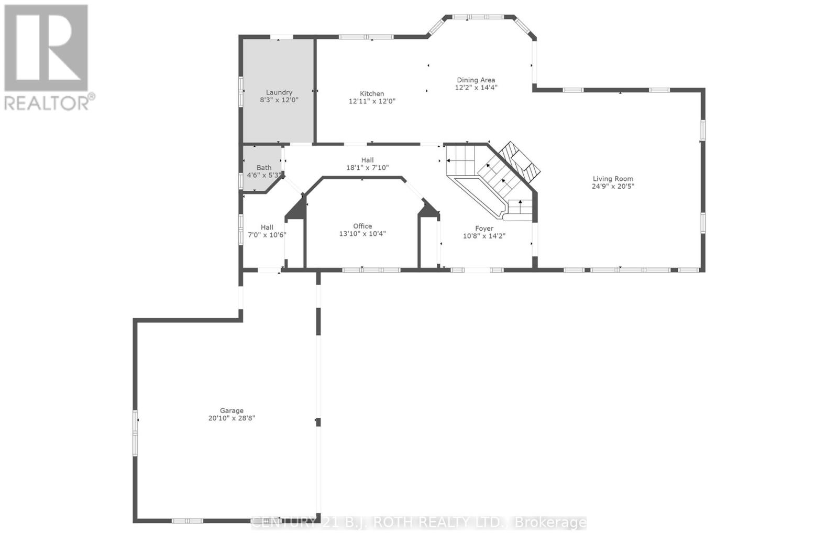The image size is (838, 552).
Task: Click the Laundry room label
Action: tap(279, 92)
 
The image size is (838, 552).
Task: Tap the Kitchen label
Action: tap(372, 93)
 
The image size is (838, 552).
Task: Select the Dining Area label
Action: tap(476, 80)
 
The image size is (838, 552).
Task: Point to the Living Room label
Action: tap(613, 179)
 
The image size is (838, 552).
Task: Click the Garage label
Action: tap(231, 410)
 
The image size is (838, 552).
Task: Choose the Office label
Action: tap(362, 226)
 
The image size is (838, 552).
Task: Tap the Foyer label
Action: tap(484, 229)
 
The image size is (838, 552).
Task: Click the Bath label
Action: tap(264, 168)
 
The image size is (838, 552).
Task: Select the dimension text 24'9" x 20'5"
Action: tap(613, 186)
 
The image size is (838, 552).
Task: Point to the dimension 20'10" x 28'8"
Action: tap(231, 418)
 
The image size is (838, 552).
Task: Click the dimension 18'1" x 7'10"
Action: tap(367, 168)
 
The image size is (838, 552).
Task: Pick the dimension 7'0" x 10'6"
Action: tap(267, 235)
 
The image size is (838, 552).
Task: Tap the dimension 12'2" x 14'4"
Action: tap(476, 88)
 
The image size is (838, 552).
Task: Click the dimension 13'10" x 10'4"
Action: tap(362, 234)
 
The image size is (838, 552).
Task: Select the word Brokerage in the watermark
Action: tap(550, 522)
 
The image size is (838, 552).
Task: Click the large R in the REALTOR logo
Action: tap(46, 48)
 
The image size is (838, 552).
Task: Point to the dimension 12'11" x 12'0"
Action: tap(372, 101)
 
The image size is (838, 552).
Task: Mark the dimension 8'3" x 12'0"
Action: tap(279, 100)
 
